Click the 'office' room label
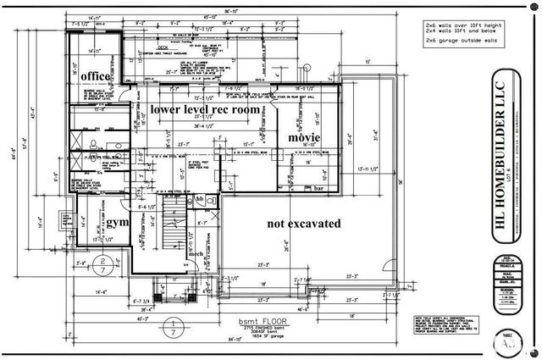[x=96, y=76]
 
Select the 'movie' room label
[x=304, y=137]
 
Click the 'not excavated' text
[x=303, y=224]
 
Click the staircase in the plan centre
[x=174, y=223]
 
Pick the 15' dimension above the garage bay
[x=368, y=62]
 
